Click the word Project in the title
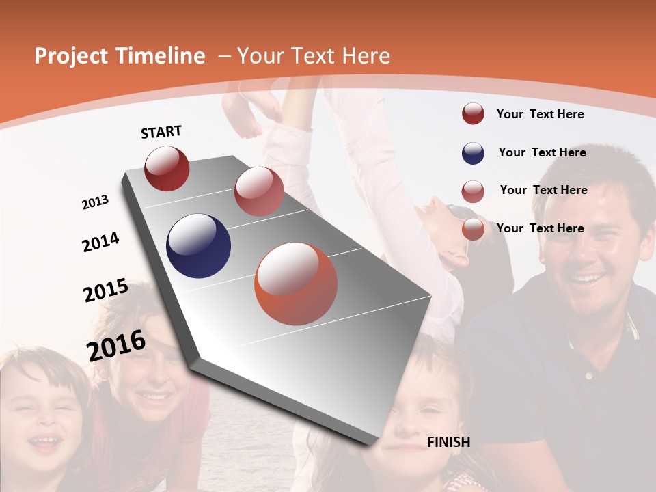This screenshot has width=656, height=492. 70,56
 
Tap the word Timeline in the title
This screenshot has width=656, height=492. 163,56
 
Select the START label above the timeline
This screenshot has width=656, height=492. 161,132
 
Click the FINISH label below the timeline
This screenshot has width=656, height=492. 448,442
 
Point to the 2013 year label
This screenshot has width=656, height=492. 96,202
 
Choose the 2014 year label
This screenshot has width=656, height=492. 100,242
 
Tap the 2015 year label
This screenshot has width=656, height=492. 106,290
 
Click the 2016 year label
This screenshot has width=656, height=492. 116,345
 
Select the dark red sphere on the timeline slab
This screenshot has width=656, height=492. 167,168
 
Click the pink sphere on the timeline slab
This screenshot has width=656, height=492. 259,191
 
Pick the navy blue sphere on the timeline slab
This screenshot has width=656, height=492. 199,246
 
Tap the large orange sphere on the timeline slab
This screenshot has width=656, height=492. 296,284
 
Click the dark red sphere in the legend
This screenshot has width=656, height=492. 473,114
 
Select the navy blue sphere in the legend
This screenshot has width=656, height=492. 473,153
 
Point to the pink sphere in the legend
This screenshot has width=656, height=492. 473,191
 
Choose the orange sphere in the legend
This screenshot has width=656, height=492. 473,229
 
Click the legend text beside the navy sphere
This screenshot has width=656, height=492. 542,152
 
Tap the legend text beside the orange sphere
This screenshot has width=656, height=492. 540,228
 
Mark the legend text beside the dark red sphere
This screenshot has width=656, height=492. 540,114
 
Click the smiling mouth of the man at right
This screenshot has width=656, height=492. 588,278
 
